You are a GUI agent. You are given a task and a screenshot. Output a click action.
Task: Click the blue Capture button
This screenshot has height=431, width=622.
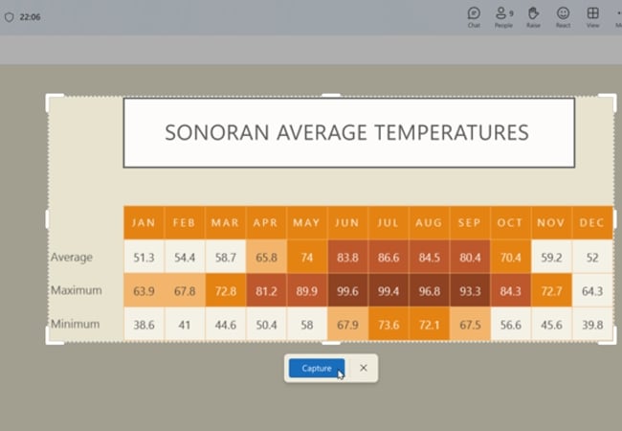317,369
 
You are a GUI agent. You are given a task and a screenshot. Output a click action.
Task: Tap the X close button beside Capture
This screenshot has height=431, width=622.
364,368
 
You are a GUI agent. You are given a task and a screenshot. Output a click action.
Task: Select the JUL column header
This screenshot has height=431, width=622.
388,222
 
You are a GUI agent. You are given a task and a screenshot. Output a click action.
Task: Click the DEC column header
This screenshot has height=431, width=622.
591,222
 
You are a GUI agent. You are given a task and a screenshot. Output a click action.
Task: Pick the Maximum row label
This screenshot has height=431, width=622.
77,290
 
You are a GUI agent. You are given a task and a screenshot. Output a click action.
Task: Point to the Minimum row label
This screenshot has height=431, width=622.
75,325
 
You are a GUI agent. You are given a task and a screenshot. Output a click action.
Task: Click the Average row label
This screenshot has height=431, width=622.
72,258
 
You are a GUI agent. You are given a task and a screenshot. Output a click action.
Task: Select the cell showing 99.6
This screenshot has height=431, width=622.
347,291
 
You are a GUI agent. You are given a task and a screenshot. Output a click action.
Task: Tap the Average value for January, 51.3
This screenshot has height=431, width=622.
144,258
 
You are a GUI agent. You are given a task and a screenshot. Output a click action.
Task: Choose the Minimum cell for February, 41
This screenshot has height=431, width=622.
185,325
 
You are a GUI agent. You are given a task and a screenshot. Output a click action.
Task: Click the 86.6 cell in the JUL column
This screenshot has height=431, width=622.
389,258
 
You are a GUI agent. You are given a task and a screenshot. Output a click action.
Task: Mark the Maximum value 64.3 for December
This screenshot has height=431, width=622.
592,291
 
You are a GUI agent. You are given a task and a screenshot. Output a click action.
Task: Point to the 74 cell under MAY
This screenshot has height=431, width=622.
306,258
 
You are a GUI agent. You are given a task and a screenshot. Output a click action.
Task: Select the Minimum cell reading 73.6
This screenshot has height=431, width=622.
389,325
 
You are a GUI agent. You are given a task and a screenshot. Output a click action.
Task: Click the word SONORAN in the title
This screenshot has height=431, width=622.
217,132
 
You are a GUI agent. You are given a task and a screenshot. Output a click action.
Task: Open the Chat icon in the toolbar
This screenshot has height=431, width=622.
474,13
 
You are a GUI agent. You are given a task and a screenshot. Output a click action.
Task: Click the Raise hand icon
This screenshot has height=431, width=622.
533,13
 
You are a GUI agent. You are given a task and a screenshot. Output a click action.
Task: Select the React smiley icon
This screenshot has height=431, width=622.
563,13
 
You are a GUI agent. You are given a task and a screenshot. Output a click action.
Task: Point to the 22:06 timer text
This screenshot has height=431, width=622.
30,17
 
